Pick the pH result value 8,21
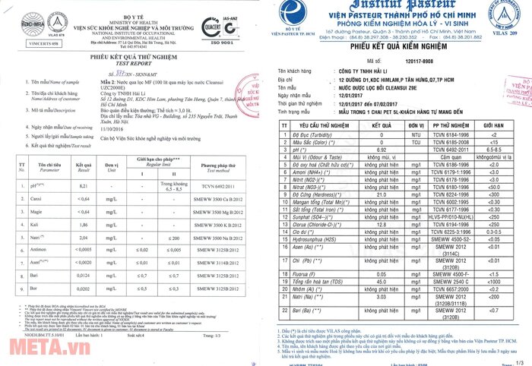[x=84, y=185]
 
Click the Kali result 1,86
[x=84, y=226]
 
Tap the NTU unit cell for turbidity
[x=415, y=133]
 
